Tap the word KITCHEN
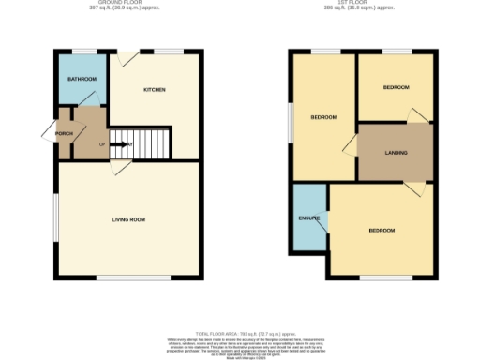pyautogui.click(x=155, y=90)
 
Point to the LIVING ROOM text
pyautogui.click(x=128, y=219)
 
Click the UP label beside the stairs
pyautogui.click(x=102, y=144)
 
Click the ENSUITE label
pyautogui.click(x=308, y=218)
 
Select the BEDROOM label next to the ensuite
pyautogui.click(x=381, y=231)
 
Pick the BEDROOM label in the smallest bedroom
pyautogui.click(x=396, y=87)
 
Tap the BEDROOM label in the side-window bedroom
pyautogui.click(x=323, y=117)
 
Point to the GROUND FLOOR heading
pyautogui.click(x=126, y=3)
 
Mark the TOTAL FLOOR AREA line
pyautogui.click(x=240, y=334)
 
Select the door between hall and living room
pyautogui.click(x=118, y=167)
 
